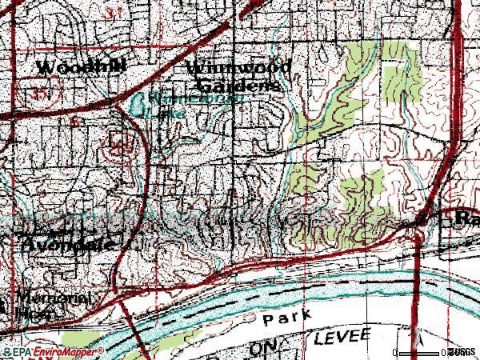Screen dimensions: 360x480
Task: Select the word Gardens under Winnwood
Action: (x=238, y=85)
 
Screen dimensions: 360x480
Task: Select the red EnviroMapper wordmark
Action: (x=68, y=352)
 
